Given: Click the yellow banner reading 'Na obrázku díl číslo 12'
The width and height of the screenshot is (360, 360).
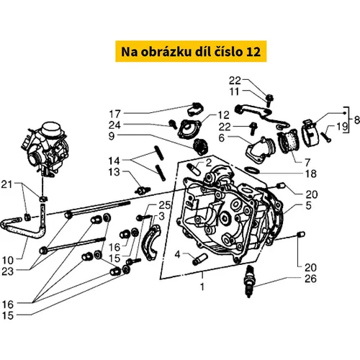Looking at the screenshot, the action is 191,51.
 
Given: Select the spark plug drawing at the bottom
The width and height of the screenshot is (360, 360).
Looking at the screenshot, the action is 248,281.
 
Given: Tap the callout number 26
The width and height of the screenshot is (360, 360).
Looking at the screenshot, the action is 310,279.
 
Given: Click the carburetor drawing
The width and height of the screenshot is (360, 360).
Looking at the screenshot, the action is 45,149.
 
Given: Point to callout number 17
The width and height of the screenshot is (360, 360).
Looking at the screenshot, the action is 115,114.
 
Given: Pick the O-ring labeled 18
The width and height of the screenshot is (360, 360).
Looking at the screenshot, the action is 252,171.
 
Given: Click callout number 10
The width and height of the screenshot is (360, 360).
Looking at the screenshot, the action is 8,260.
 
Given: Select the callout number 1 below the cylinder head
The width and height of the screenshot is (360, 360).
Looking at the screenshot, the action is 202,287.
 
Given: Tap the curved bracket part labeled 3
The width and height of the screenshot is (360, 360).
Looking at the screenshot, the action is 151,243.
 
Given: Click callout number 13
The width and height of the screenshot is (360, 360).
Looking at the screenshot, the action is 114,172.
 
